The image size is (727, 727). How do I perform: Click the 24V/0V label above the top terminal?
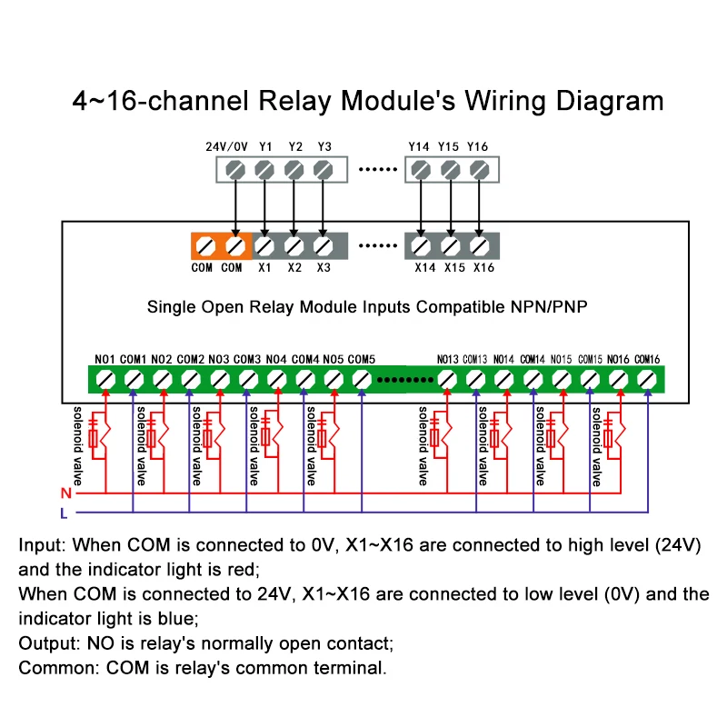click(226, 146)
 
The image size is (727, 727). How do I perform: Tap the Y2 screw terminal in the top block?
click(294, 169)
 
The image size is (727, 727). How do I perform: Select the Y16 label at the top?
click(478, 146)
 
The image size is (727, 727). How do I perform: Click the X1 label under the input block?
click(264, 268)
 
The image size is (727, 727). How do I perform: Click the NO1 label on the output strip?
click(105, 359)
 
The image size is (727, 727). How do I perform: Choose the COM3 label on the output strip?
click(247, 359)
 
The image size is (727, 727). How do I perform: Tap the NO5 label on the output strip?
click(333, 359)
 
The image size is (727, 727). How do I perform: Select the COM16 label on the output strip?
click(647, 359)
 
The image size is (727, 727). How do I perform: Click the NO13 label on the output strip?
click(447, 359)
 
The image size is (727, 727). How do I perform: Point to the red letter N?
click(65, 493)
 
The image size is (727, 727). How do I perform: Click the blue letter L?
click(64, 513)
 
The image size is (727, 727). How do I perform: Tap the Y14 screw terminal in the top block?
click(420, 169)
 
